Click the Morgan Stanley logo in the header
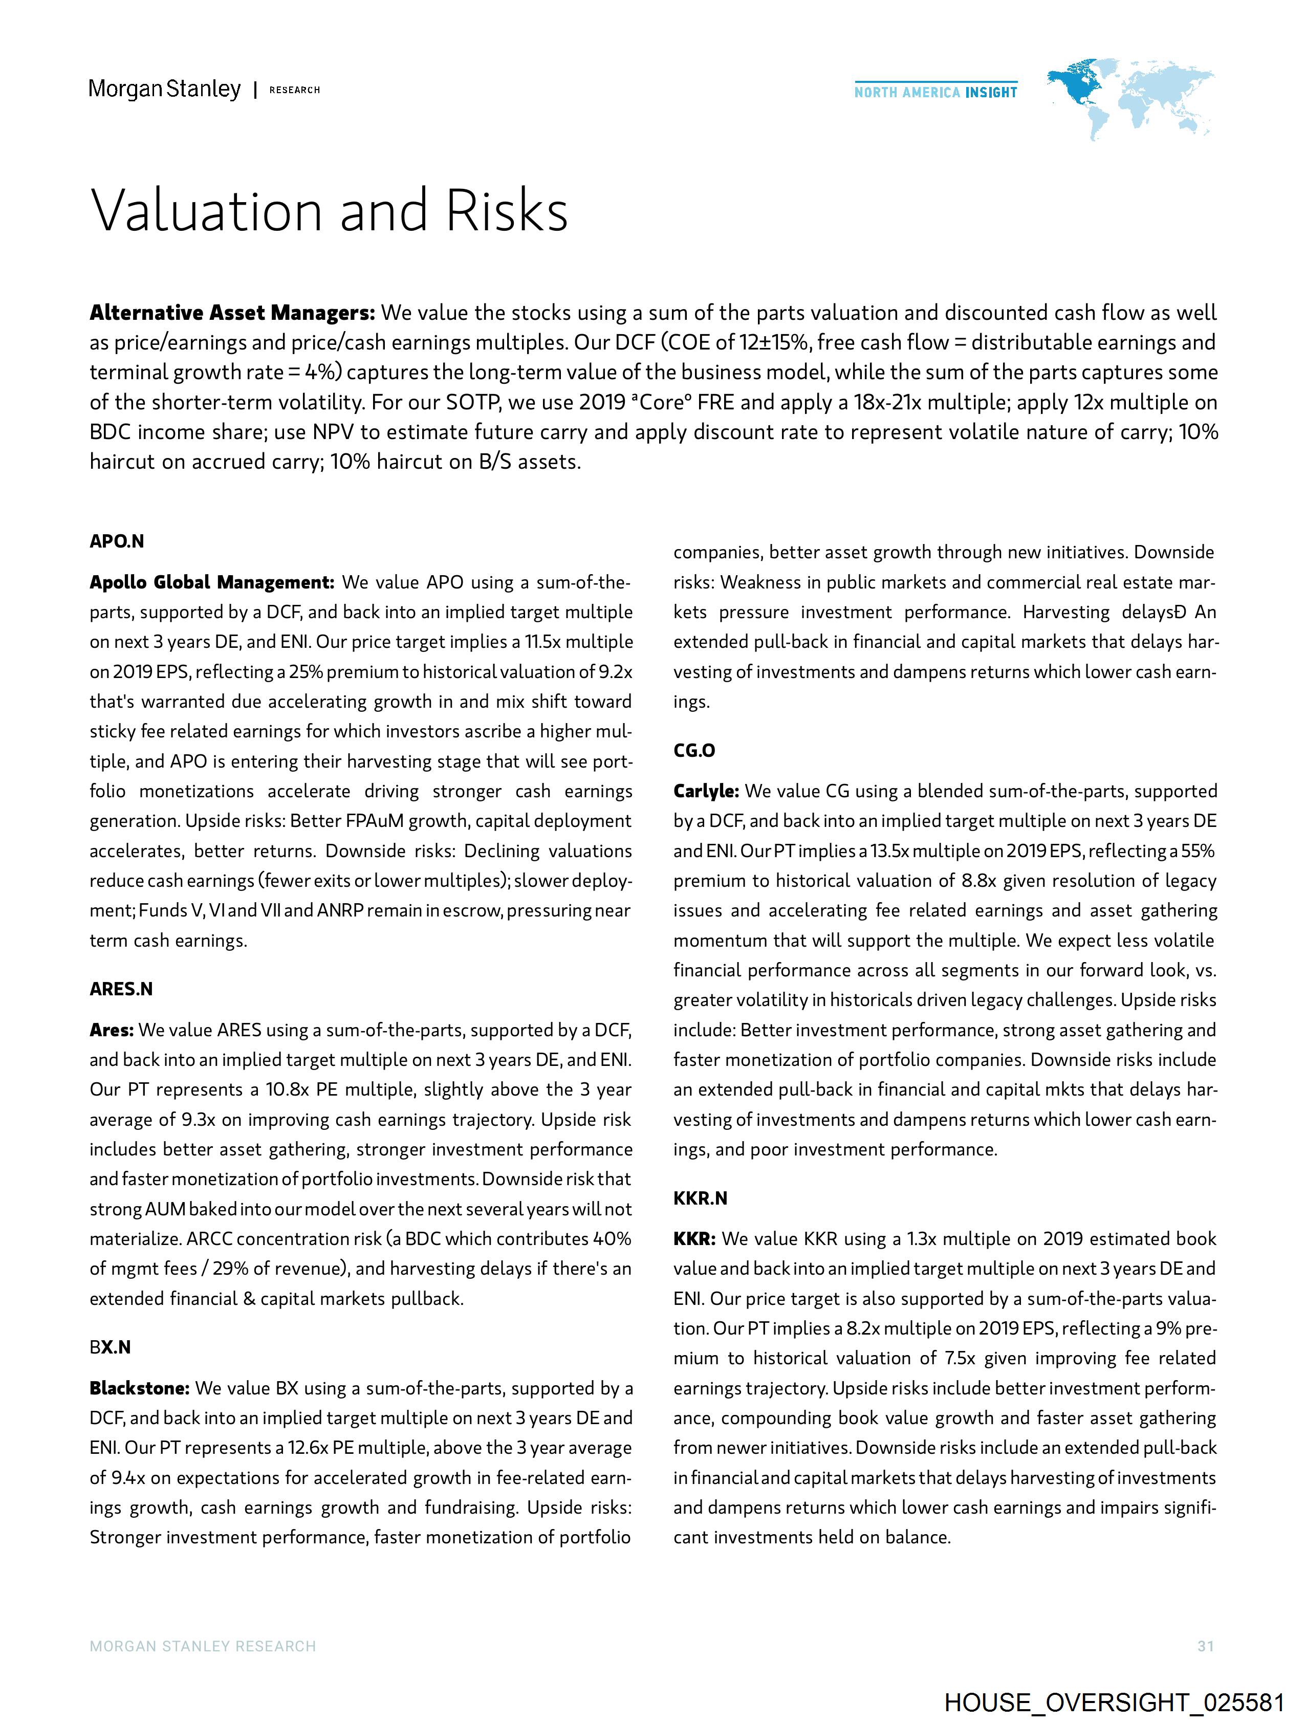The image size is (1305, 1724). click(164, 90)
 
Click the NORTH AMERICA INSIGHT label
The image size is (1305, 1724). click(936, 92)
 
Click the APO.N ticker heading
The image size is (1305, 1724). click(117, 542)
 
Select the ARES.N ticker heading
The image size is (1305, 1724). click(121, 989)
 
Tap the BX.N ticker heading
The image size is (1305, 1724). click(110, 1347)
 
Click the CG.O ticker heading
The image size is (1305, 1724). click(694, 751)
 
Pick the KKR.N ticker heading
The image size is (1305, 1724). click(700, 1198)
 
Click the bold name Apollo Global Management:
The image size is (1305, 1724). click(212, 582)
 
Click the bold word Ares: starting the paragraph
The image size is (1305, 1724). click(112, 1030)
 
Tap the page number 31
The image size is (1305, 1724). click(1205, 1646)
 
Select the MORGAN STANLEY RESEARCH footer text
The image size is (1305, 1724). click(203, 1646)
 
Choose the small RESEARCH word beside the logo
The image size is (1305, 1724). click(295, 91)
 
